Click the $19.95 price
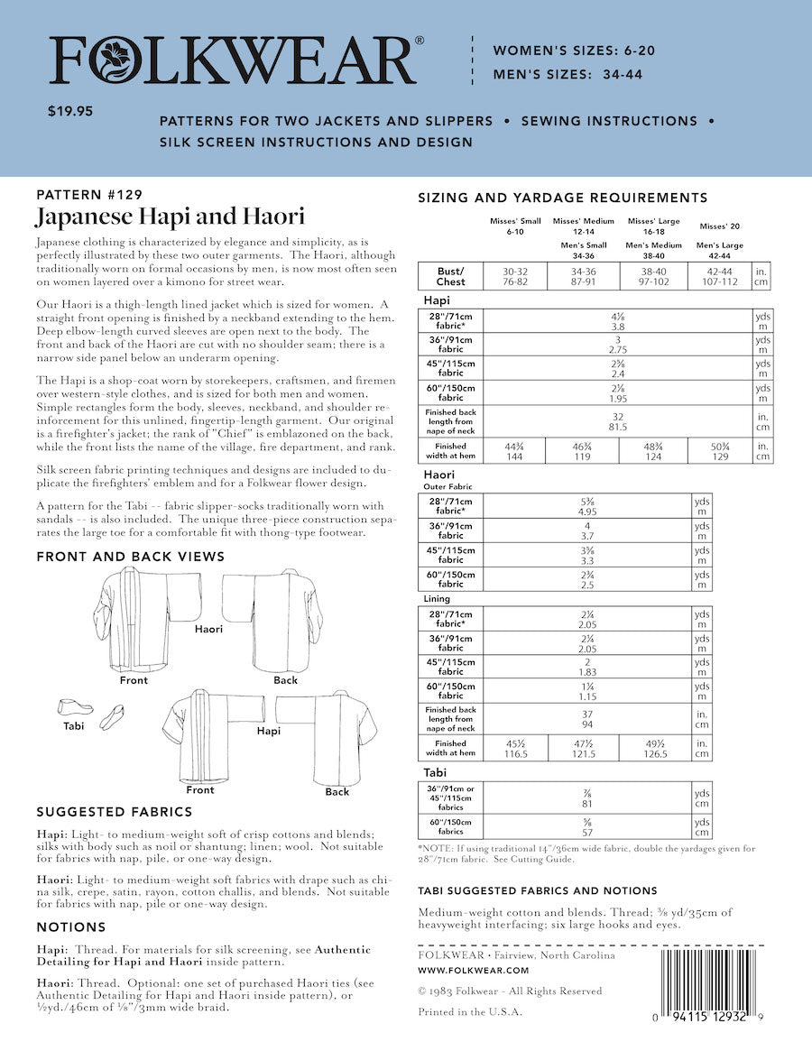click(70, 113)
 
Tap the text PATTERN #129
click(88, 194)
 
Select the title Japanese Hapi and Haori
click(170, 217)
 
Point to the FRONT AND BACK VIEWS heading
click(130, 557)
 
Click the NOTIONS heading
click(71, 927)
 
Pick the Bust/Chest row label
click(450, 275)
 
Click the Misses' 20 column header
click(719, 225)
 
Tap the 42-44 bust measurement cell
click(719, 275)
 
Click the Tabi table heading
click(436, 773)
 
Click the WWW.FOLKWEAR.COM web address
click(474, 970)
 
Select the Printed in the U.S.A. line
click(470, 1012)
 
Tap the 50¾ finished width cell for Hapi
click(719, 451)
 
